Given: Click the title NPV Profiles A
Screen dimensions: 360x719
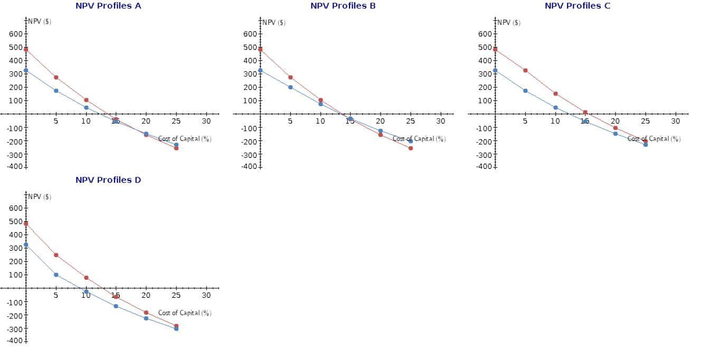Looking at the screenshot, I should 108,6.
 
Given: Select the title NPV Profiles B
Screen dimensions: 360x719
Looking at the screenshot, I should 343,6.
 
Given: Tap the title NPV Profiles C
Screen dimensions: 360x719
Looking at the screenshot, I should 578,6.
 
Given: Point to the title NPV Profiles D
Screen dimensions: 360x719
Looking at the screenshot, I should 108,180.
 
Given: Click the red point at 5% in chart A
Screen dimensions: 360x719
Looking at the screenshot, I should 56,78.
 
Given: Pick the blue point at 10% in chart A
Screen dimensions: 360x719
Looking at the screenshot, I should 86,108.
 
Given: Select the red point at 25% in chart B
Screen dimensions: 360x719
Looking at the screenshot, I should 411,148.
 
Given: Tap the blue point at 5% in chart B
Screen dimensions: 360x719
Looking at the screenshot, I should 290,87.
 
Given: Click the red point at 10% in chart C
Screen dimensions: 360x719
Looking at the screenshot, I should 555,93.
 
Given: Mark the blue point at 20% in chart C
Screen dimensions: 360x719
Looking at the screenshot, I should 616,134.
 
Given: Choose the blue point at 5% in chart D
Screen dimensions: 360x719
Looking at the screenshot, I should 56,274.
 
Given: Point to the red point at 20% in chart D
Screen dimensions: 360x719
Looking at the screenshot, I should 146,312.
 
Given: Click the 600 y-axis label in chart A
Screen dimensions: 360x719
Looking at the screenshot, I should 15,34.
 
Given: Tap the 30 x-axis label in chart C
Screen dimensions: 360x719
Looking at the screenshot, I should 676,121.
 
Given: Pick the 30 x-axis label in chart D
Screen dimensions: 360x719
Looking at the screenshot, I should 206,295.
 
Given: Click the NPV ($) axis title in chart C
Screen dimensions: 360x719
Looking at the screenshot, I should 509,23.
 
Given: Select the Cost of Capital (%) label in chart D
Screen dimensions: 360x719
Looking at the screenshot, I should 185,313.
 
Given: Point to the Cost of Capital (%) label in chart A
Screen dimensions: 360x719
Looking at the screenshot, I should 185,139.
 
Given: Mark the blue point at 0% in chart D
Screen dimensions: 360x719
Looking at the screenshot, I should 26,245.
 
